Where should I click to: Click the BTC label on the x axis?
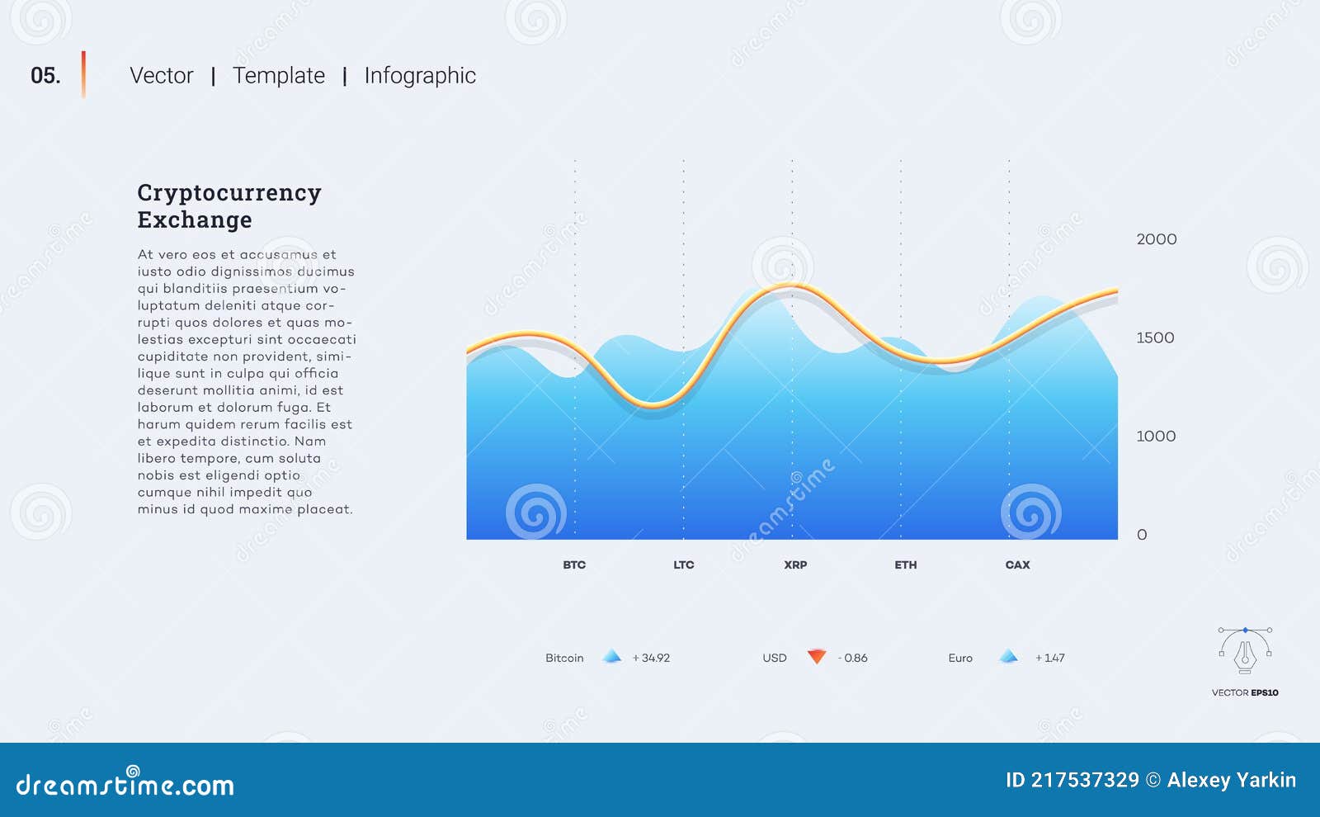pos(574,565)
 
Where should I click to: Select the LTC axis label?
pos(684,565)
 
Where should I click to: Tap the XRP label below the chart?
pos(795,565)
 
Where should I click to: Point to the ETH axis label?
pos(906,565)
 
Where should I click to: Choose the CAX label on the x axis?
pos(1017,565)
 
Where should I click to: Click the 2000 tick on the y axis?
pos(1157,239)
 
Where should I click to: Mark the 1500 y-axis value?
pos(1155,338)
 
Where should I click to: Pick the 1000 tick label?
pos(1156,436)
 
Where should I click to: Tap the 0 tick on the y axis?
pos(1142,535)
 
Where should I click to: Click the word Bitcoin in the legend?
pos(564,658)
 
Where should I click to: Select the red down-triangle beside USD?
pos(817,656)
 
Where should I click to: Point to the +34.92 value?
pos(651,658)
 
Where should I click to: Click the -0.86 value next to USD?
pos(853,658)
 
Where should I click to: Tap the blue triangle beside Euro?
pos(1008,656)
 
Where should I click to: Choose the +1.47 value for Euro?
pos(1050,658)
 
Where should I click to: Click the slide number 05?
pos(45,76)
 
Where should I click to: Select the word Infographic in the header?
pos(420,76)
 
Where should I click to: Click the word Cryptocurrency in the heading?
pos(229,193)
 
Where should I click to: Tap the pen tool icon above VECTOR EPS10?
pos(1245,650)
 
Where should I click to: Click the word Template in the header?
pos(279,76)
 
